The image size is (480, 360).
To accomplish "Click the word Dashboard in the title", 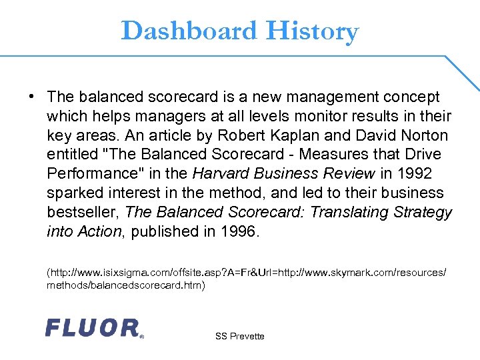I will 189,31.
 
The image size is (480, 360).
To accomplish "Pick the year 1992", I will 414,174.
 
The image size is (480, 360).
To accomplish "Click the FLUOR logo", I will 93,327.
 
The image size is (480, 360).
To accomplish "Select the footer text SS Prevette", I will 240,336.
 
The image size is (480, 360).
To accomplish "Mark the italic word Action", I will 101,231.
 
